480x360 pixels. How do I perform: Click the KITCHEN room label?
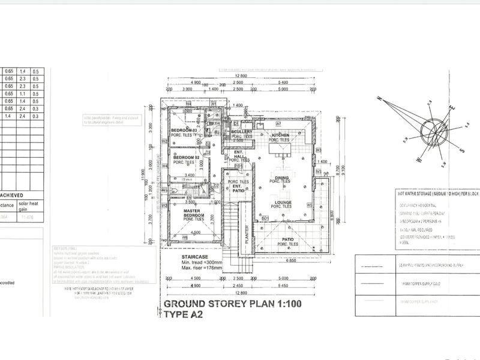[x=280, y=136]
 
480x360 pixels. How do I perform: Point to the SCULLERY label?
[x=241, y=132]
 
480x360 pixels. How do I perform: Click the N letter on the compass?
[x=379, y=98]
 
